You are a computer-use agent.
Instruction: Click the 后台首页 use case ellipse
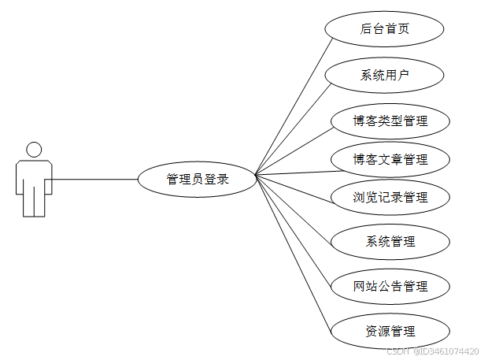[385, 29]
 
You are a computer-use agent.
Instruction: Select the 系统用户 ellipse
[385, 76]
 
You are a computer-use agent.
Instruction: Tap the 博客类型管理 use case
[390, 121]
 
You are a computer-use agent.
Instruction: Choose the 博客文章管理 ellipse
[390, 160]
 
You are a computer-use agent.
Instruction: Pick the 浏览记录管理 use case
[390, 197]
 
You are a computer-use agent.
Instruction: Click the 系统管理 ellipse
[390, 241]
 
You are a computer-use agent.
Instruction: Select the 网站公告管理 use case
[390, 285]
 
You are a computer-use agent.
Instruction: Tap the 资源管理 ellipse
[390, 331]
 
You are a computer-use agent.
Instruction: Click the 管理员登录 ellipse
[198, 179]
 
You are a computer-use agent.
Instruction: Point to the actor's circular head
[34, 150]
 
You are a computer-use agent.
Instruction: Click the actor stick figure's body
[34, 185]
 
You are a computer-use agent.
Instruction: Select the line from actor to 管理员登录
[94, 180]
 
